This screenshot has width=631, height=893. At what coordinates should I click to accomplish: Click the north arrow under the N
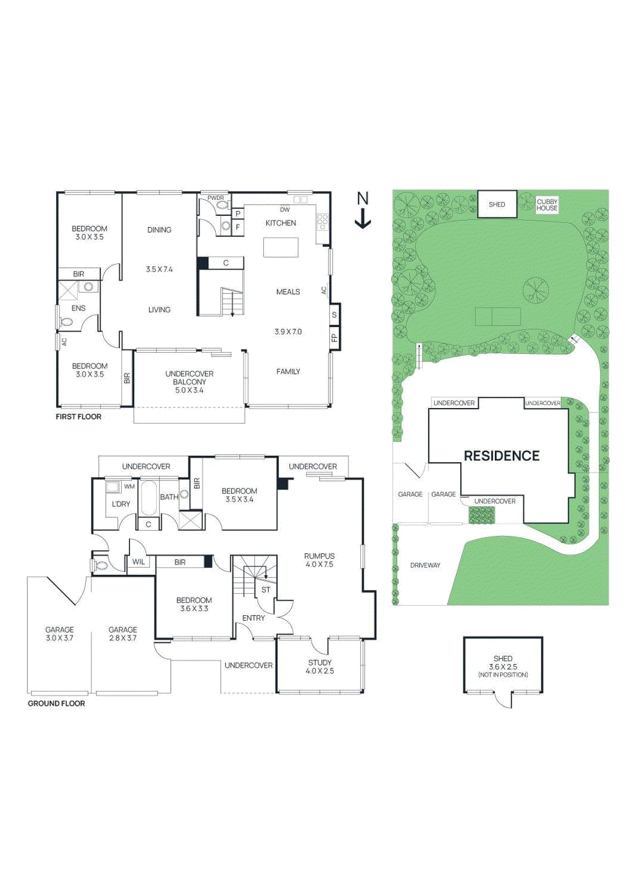point(363,219)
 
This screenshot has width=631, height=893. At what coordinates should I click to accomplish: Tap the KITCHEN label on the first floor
point(281,223)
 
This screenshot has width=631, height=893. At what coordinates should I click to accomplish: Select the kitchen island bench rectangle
point(281,247)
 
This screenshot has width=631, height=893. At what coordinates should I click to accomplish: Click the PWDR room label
point(215,198)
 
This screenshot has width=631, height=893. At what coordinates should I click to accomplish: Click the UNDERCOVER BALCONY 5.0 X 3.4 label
point(189,382)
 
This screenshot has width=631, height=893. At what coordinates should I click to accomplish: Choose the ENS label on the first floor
point(79,308)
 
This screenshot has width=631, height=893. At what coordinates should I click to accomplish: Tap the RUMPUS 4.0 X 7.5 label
point(319,560)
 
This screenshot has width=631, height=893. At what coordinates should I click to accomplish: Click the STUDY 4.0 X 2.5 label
point(320,666)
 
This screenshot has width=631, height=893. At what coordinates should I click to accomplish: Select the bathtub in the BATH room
point(149,498)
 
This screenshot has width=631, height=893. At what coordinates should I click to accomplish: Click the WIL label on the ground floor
point(138,562)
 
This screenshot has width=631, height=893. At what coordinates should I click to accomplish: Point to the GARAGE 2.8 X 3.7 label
point(123,633)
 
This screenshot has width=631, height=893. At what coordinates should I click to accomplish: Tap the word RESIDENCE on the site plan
point(502,456)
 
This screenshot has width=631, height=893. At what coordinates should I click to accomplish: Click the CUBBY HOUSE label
point(547,205)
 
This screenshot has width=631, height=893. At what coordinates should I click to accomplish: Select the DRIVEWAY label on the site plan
point(425,565)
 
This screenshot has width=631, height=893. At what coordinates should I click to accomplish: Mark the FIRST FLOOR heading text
point(79,417)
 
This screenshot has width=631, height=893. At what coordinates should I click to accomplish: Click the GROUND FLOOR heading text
point(56,703)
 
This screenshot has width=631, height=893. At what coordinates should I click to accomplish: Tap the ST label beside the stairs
point(266,589)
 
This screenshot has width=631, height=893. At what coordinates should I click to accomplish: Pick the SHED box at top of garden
point(497,204)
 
